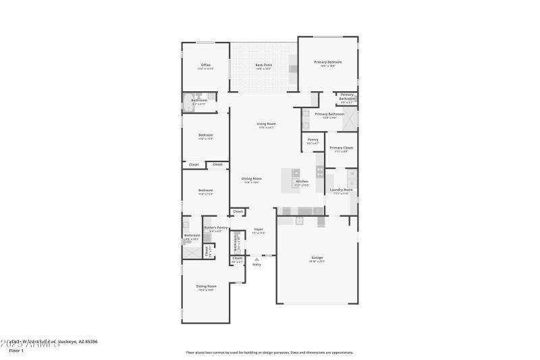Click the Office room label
[x=205, y=65]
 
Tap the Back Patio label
[x=263, y=65]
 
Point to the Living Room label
[x=266, y=124]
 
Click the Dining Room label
[x=252, y=178]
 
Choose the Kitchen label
[x=302, y=181]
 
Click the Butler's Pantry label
[x=216, y=229]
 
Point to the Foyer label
[x=259, y=229]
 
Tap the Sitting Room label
[x=206, y=286]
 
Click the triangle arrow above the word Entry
[x=256, y=259]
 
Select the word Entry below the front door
[x=256, y=264]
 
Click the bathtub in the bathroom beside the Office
[x=186, y=103]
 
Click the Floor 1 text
[x=16, y=351]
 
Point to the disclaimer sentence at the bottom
[x=269, y=352]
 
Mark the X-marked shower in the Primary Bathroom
[x=350, y=120]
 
